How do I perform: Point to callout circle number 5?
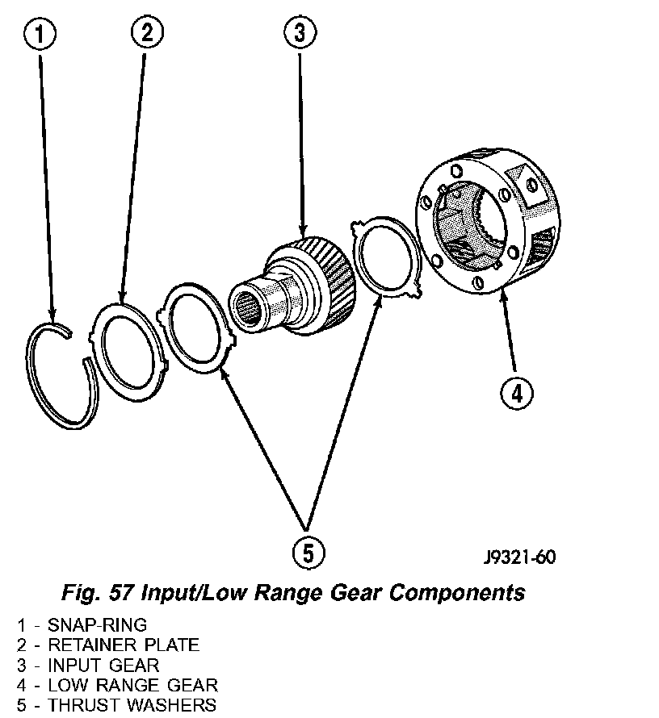pos(308,553)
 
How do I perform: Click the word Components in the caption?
pos(458,593)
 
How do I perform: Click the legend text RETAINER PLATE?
pos(124,645)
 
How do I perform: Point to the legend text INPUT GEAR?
pos(103,665)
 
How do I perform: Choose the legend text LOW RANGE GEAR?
pos(132,685)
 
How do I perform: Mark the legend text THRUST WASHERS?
pos(132,705)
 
